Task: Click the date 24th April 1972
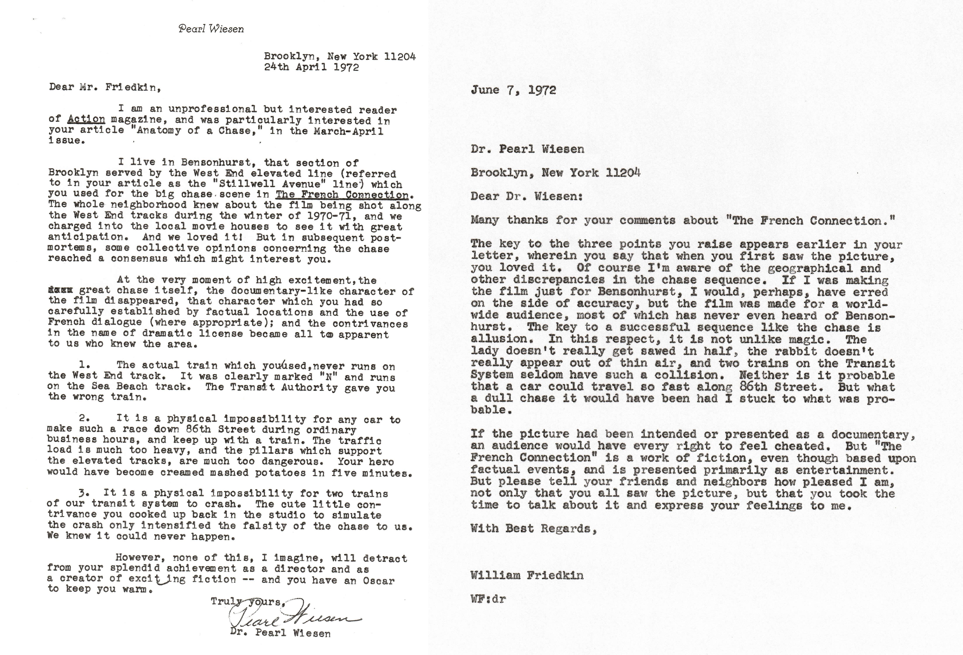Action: point(311,67)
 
